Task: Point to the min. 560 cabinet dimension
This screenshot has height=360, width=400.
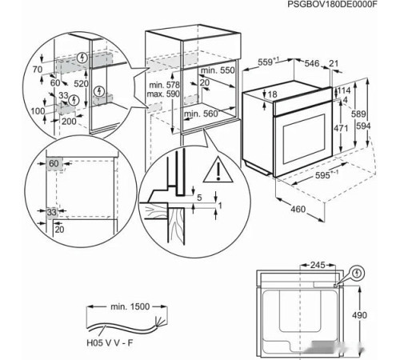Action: [x=202, y=114]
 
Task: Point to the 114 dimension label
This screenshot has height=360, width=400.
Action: [x=345, y=90]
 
